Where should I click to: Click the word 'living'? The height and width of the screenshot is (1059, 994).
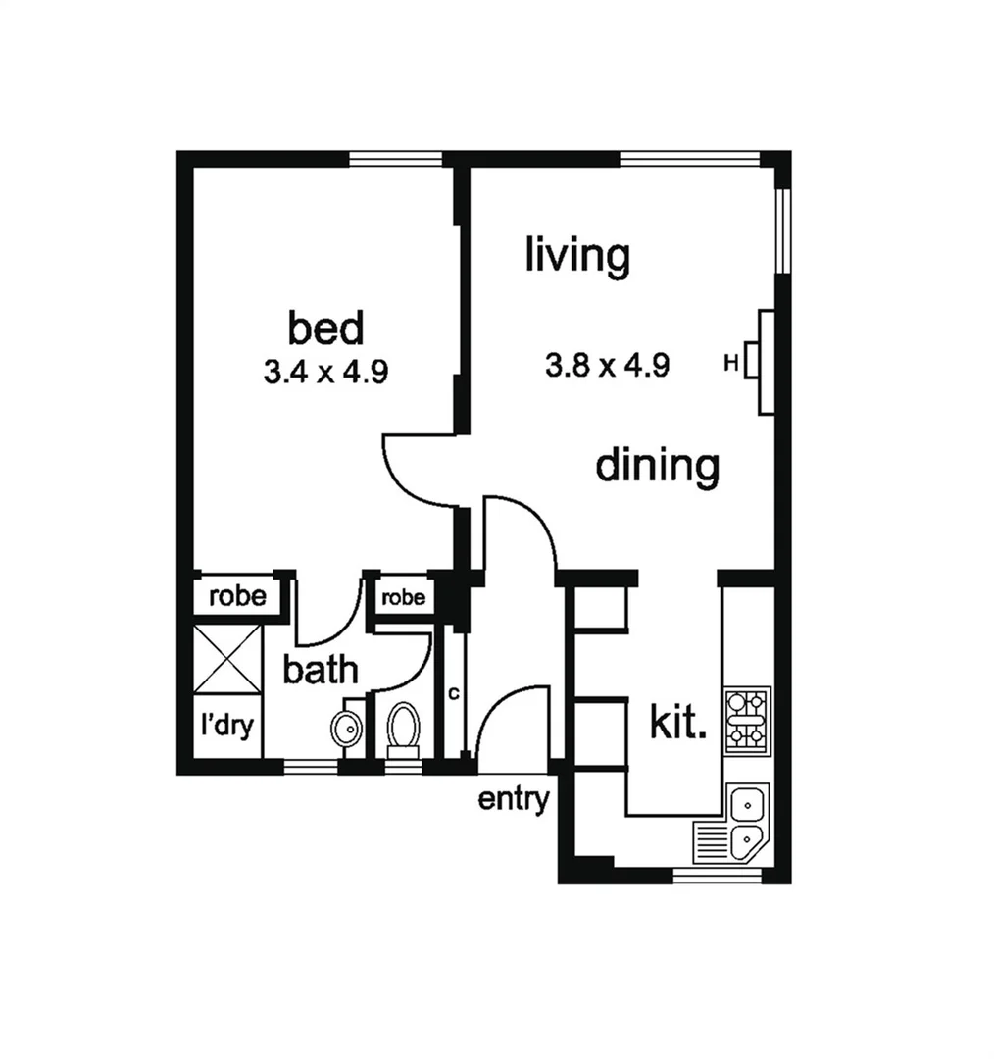[x=577, y=256]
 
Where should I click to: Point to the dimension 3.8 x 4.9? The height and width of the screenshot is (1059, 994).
[x=608, y=366]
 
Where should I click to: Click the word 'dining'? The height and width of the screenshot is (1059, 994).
[x=657, y=466]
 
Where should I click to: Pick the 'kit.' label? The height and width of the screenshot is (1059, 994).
[x=678, y=725]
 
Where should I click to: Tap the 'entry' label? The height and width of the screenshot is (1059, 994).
[x=514, y=799]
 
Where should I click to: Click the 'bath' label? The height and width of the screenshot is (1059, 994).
[x=320, y=671]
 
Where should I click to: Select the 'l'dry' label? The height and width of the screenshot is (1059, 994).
[x=227, y=726]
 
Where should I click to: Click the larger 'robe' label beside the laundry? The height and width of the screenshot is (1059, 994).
[x=237, y=595]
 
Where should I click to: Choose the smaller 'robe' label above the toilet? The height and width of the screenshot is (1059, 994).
[x=403, y=596]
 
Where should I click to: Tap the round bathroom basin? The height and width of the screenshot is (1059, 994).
[x=345, y=728]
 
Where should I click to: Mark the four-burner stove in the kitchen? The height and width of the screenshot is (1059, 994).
[x=747, y=719]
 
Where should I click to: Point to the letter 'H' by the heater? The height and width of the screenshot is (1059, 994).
[x=730, y=363]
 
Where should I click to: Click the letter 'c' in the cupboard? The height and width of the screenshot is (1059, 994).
[x=453, y=693]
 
